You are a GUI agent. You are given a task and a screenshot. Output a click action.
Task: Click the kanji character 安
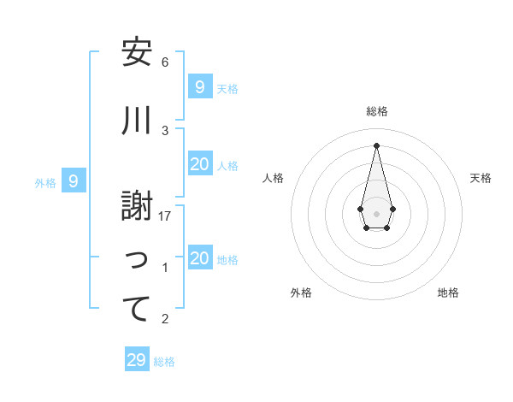137,53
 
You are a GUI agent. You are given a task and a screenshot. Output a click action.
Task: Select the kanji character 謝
137,206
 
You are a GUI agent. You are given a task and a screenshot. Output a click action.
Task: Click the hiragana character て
137,310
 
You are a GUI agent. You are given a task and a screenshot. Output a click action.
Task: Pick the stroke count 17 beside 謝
165,216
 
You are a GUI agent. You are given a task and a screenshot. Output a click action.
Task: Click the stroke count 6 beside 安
165,62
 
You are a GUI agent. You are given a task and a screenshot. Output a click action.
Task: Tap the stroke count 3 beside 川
165,130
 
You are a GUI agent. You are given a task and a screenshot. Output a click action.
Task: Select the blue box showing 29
136,360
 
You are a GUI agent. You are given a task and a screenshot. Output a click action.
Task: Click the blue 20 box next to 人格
200,165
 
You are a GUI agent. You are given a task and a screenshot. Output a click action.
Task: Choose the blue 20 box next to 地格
200,259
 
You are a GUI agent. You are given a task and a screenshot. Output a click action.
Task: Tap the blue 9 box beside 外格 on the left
74,181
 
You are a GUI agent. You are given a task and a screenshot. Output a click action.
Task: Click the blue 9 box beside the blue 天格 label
200,86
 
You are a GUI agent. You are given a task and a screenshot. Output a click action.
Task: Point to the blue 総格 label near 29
164,362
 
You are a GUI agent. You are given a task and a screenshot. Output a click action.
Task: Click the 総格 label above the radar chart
377,111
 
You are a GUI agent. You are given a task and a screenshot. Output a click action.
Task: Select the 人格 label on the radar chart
274,178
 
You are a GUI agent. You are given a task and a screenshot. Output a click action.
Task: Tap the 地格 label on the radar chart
448,293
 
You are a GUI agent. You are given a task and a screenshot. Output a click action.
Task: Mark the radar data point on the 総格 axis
376,145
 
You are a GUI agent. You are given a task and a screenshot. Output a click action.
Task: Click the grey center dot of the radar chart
376,213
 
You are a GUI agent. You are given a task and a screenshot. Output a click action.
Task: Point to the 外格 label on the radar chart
301,293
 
